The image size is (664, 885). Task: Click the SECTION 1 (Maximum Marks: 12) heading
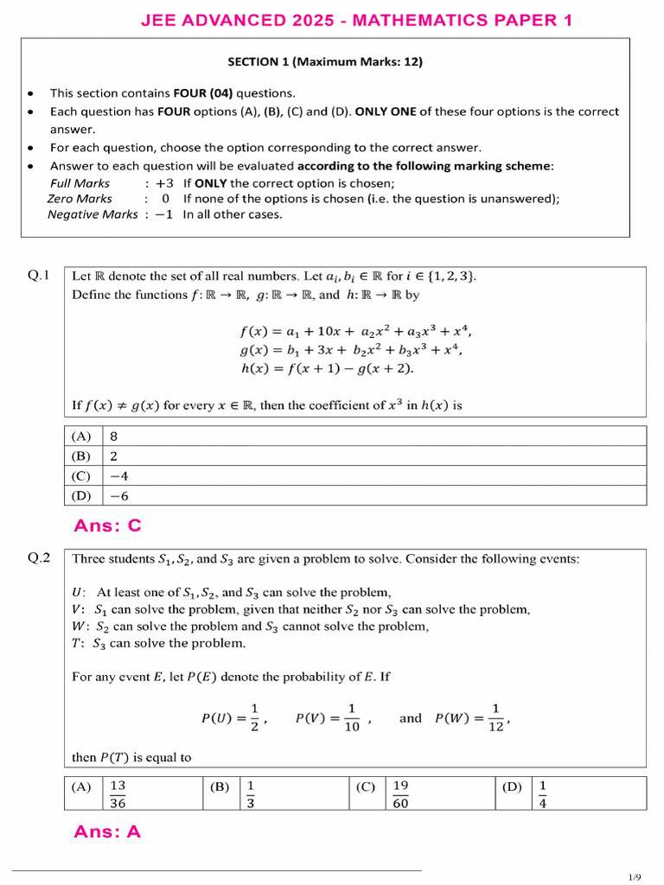point(325,61)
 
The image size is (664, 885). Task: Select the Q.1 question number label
point(40,276)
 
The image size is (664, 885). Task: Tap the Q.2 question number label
point(40,558)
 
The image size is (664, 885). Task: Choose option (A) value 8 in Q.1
point(113,436)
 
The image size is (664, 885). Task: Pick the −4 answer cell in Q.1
point(119,475)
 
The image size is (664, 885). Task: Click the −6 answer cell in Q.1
point(119,495)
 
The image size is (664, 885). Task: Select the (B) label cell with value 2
point(82,456)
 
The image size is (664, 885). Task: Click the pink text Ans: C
point(107,525)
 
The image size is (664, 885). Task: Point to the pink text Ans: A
point(107,831)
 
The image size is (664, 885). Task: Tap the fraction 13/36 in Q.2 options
point(118,793)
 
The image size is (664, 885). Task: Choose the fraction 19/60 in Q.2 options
point(400,793)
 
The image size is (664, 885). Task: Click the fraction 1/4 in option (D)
point(543,793)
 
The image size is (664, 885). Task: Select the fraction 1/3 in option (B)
point(251,793)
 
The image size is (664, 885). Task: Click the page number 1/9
point(635,877)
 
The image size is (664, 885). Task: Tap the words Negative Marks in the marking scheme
point(92,214)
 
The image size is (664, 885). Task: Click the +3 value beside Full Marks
point(165,183)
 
